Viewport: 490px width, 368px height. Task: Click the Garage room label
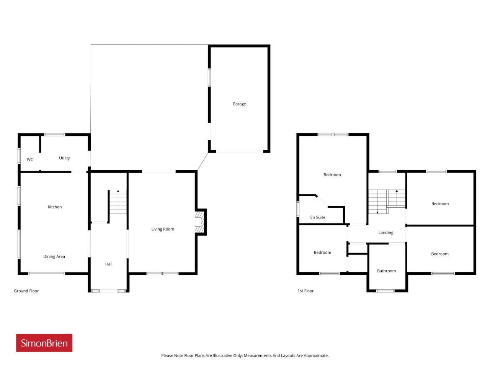(x=239, y=104)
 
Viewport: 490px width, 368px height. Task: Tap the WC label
(x=30, y=159)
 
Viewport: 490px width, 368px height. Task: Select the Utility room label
(x=64, y=158)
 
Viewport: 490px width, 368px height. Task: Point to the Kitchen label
(x=55, y=207)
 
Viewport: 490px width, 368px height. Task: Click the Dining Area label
(x=54, y=256)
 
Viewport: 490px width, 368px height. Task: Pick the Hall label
(x=109, y=264)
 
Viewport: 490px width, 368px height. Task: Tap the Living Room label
(x=163, y=229)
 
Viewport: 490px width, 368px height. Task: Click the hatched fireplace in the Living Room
(x=199, y=222)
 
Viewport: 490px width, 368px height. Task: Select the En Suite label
(x=318, y=217)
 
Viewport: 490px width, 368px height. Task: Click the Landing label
(x=386, y=233)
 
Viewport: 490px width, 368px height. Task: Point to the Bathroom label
(x=386, y=271)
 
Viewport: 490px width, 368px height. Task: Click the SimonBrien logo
(x=44, y=343)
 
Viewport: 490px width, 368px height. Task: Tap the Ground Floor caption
(x=26, y=291)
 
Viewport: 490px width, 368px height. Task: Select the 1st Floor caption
(x=305, y=291)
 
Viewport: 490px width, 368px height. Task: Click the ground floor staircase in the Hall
(x=118, y=202)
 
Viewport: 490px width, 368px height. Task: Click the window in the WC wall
(x=19, y=156)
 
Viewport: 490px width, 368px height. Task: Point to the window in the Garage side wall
(x=209, y=77)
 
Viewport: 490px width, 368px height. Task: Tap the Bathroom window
(x=385, y=291)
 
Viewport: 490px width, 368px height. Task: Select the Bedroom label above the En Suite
(x=332, y=175)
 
